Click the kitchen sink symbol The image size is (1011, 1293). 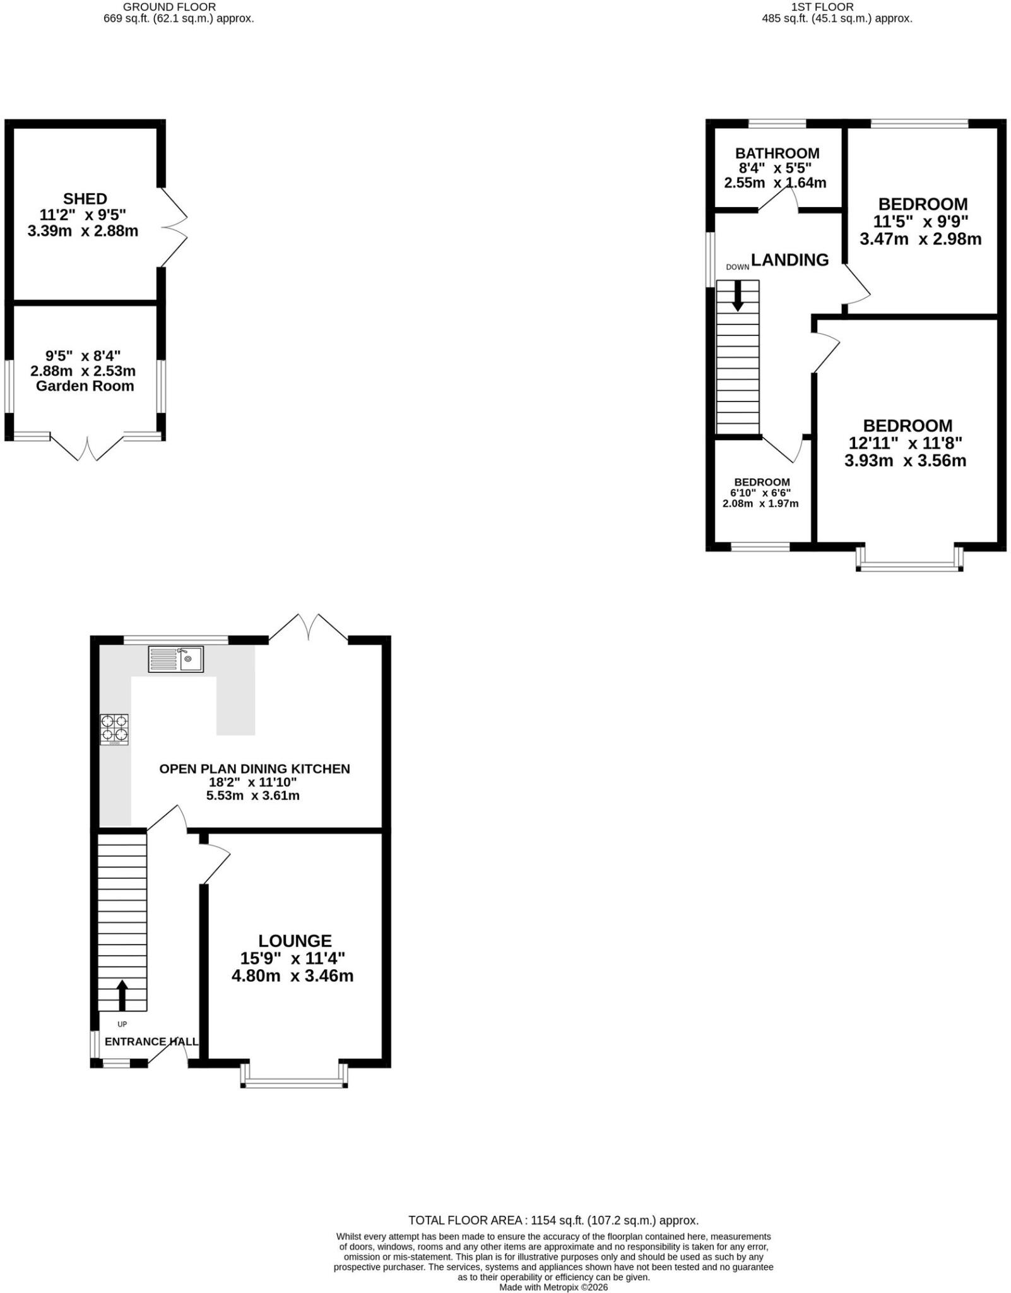click(176, 658)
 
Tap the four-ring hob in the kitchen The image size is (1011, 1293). click(114, 729)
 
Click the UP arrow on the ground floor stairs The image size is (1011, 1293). click(122, 995)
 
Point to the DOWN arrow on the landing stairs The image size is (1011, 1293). click(737, 295)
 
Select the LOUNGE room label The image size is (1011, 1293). click(295, 941)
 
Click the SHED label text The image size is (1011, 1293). click(85, 199)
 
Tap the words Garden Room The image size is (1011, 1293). click(85, 386)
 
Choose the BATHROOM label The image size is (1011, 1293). click(777, 153)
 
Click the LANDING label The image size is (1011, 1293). click(789, 259)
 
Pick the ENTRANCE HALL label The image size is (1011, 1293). click(151, 1041)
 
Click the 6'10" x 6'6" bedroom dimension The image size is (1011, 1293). click(760, 492)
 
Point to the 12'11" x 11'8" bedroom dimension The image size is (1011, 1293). click(905, 443)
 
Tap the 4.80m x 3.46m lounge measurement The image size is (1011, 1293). click(292, 976)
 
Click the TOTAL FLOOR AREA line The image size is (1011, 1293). click(553, 1220)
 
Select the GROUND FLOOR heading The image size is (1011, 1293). click(169, 7)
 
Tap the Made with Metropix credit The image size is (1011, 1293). click(553, 1287)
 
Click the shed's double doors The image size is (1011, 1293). click(173, 227)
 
